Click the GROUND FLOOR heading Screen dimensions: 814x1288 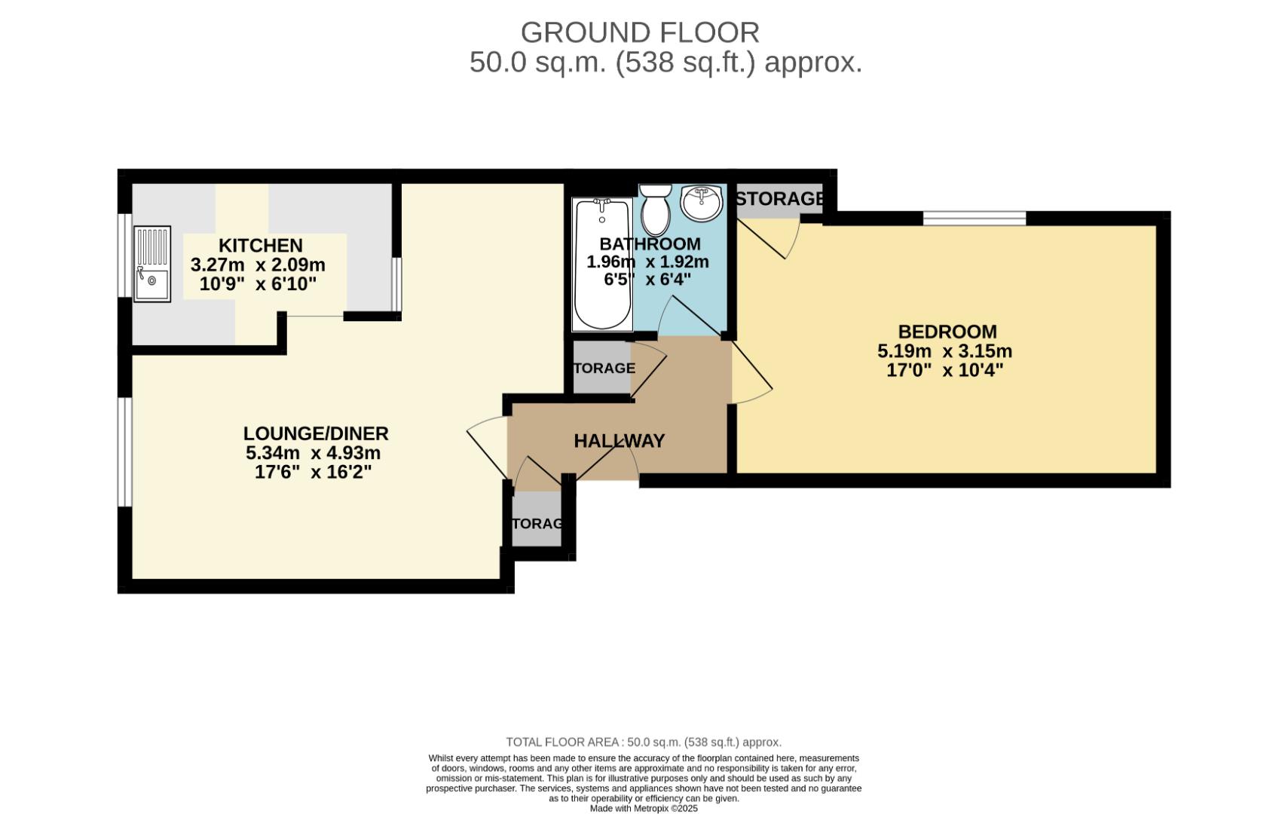tap(639, 33)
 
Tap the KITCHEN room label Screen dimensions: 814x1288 tap(260, 246)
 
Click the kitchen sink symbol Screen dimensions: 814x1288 tap(152, 264)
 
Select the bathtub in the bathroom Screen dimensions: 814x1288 tap(601, 264)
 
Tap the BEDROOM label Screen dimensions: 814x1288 tap(947, 332)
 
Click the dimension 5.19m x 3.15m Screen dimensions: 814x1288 tap(944, 351)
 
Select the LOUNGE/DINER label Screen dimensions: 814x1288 tap(315, 433)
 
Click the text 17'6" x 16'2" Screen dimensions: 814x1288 tap(313, 473)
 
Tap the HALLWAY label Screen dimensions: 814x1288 tap(619, 441)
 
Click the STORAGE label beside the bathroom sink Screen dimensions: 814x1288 tap(779, 199)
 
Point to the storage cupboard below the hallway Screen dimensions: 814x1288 tap(537, 522)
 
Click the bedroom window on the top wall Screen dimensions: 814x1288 tap(974, 219)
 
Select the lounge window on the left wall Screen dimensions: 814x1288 tap(124, 451)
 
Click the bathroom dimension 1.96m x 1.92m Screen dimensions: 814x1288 tap(647, 262)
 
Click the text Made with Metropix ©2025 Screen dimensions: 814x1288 tap(643, 809)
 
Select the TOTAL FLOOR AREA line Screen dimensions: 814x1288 tap(643, 742)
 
